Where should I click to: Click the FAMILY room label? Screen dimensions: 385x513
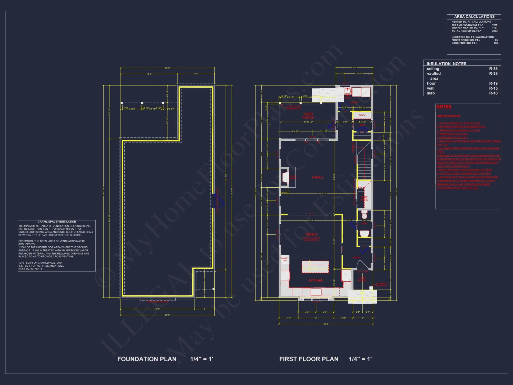318,177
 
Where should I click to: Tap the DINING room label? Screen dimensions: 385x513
311,234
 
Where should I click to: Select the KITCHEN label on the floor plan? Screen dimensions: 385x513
316,281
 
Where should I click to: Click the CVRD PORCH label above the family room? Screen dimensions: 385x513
308,116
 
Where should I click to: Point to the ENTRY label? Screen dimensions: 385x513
357,257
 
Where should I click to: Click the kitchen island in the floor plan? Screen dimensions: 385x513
315,267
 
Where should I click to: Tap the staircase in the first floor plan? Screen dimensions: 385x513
364,164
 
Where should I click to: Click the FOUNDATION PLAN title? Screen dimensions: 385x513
147,359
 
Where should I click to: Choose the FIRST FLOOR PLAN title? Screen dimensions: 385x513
309,359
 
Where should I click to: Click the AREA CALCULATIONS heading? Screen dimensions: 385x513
474,17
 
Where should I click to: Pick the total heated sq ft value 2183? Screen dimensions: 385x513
495,31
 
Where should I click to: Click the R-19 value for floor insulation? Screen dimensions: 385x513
493,83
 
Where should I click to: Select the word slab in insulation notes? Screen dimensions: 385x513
431,93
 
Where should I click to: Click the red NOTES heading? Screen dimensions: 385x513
444,107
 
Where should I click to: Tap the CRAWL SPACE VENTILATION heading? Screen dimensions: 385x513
57,222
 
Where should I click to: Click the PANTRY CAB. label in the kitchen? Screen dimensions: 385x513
285,259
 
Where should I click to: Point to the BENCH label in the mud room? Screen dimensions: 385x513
362,115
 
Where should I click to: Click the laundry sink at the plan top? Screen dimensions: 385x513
348,91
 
